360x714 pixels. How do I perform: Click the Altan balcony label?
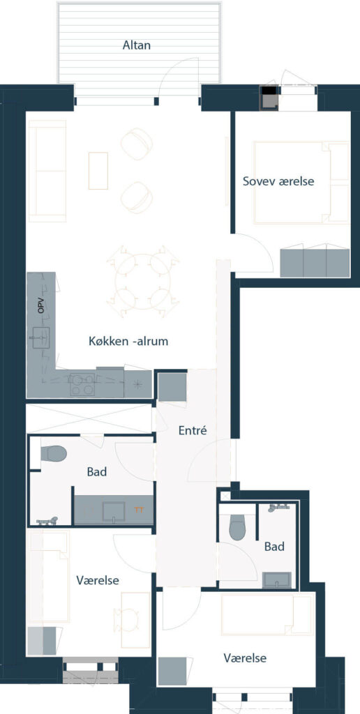pos(136,45)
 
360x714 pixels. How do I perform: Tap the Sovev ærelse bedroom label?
pos(278,181)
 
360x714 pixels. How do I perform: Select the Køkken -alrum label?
pos(128,341)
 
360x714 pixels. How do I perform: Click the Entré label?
pos(193,430)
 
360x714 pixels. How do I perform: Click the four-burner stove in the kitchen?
pos(82,384)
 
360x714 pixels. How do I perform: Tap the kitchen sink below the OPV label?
pos(41,337)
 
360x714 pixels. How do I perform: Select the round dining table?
pos(142,281)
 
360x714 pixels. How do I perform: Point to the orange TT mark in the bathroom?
pos(139,510)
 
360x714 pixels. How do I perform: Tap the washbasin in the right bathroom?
pos(277,579)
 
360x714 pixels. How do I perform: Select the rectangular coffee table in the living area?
pos(98,171)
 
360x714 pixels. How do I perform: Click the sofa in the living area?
pos(47,171)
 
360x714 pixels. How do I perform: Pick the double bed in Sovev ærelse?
pos(301,183)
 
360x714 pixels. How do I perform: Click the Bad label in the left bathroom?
pos(96,471)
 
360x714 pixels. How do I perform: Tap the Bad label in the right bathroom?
pos(274,547)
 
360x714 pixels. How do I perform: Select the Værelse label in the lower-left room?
pos(98,581)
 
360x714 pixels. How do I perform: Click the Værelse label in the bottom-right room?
pos(245,658)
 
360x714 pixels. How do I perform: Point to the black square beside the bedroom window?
pos(269,90)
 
